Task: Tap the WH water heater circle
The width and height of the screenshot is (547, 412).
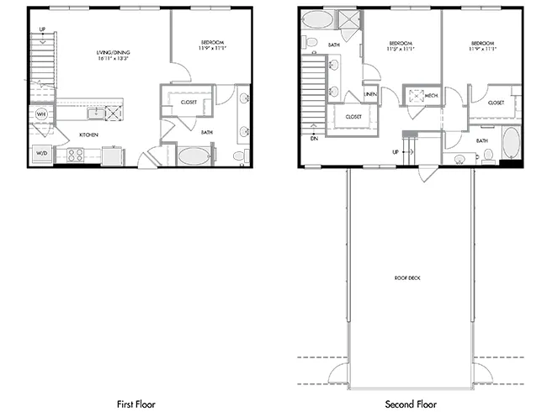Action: coord(40,114)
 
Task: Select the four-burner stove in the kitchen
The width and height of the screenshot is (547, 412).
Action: coord(74,155)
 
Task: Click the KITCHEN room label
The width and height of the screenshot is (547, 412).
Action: coord(90,135)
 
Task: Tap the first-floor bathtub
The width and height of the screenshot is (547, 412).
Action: coord(193,156)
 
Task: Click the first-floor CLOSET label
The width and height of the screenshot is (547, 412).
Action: coord(188,102)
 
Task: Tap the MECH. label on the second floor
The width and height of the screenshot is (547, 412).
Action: coord(431,96)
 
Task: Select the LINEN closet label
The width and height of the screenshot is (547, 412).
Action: coord(370,94)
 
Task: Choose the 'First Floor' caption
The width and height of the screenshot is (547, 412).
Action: coord(135,404)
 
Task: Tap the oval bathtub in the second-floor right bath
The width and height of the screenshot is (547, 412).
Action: coord(510,143)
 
